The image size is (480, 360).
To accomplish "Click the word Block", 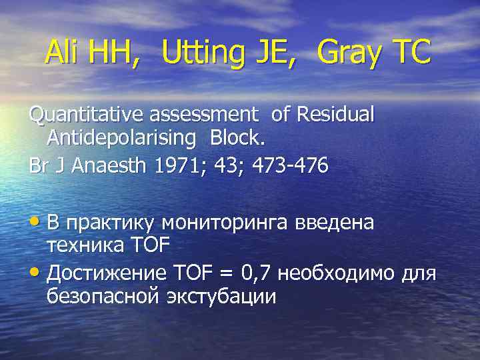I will pos(236,139).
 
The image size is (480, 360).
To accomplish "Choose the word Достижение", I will pos(108,273).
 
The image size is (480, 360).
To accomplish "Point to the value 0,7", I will pos(255,273).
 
